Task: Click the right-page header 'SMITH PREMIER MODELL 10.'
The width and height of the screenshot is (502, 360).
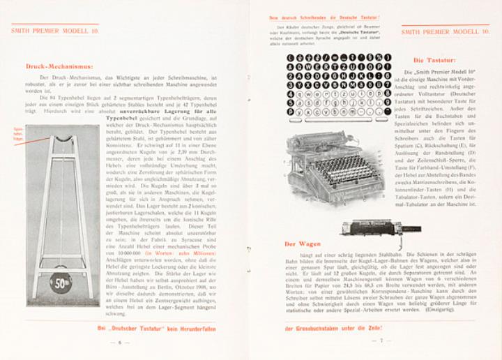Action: point(449,31)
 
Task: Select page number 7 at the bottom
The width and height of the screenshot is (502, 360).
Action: point(381,342)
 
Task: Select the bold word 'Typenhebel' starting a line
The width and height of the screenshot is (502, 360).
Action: point(119,119)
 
